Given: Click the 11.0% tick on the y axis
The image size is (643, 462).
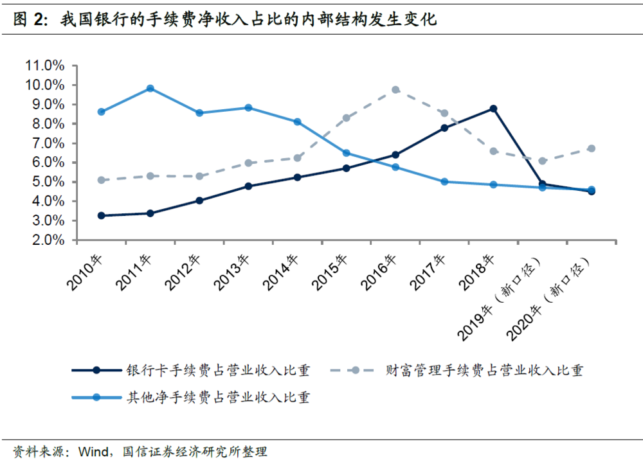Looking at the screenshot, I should click(45, 66).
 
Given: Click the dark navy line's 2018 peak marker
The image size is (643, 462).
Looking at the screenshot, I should click(493, 109).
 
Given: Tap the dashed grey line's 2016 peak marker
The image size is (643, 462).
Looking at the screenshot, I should click(395, 90).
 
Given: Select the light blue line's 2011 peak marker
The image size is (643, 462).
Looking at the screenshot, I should click(150, 88).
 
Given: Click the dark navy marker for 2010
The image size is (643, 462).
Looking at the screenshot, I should click(101, 215).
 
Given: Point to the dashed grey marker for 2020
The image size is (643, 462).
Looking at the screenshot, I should click(592, 148).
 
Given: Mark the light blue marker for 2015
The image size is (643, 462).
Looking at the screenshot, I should click(346, 153).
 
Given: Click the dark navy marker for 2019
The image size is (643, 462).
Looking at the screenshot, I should click(542, 184).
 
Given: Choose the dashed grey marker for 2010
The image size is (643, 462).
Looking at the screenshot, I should click(101, 180).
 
